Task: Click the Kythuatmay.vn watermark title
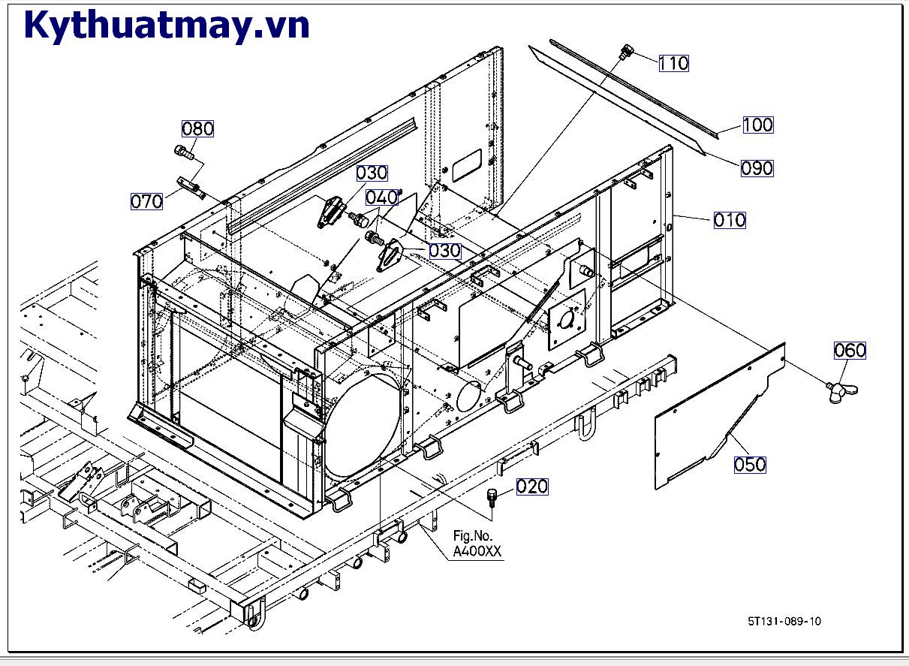(167, 26)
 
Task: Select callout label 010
(729, 220)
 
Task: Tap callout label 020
(532, 487)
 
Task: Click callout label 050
(750, 464)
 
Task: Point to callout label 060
(850, 350)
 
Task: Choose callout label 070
(146, 201)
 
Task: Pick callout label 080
(197, 128)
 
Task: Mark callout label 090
(757, 168)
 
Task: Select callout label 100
(757, 125)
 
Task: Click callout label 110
(673, 64)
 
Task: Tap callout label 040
(381, 197)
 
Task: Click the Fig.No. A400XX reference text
(477, 544)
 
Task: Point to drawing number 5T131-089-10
(784, 621)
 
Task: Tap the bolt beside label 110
(626, 53)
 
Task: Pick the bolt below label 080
(185, 152)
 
